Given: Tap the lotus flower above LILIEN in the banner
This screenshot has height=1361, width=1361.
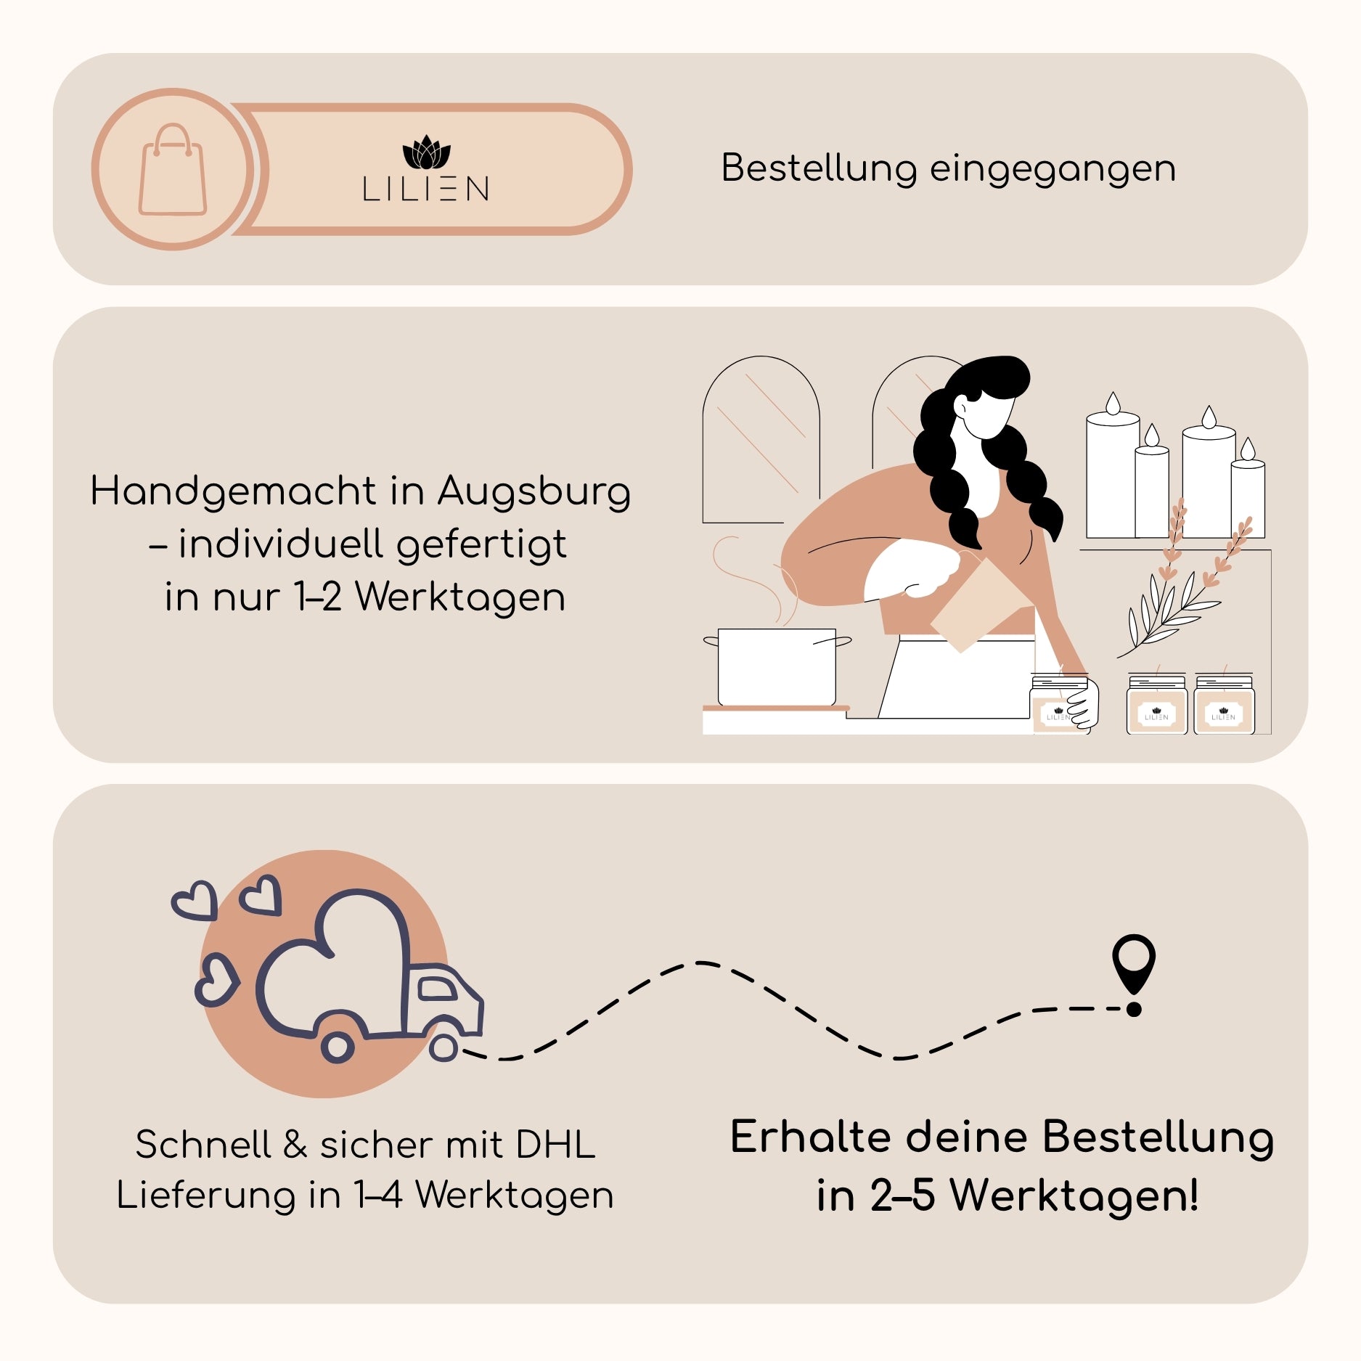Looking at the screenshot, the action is [426, 152].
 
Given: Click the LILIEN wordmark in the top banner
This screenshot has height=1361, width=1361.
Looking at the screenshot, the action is [426, 189].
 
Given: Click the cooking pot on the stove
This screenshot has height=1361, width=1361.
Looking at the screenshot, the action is [777, 666].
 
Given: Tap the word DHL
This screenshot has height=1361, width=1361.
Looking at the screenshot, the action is [555, 1145].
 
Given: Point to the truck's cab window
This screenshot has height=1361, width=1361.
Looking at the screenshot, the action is [437, 988].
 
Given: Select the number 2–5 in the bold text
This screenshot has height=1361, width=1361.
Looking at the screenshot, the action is [902, 1196].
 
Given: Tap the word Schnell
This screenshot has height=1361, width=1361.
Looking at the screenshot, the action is [203, 1145].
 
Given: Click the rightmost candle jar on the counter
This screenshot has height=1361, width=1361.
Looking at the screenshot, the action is [1224, 705].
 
